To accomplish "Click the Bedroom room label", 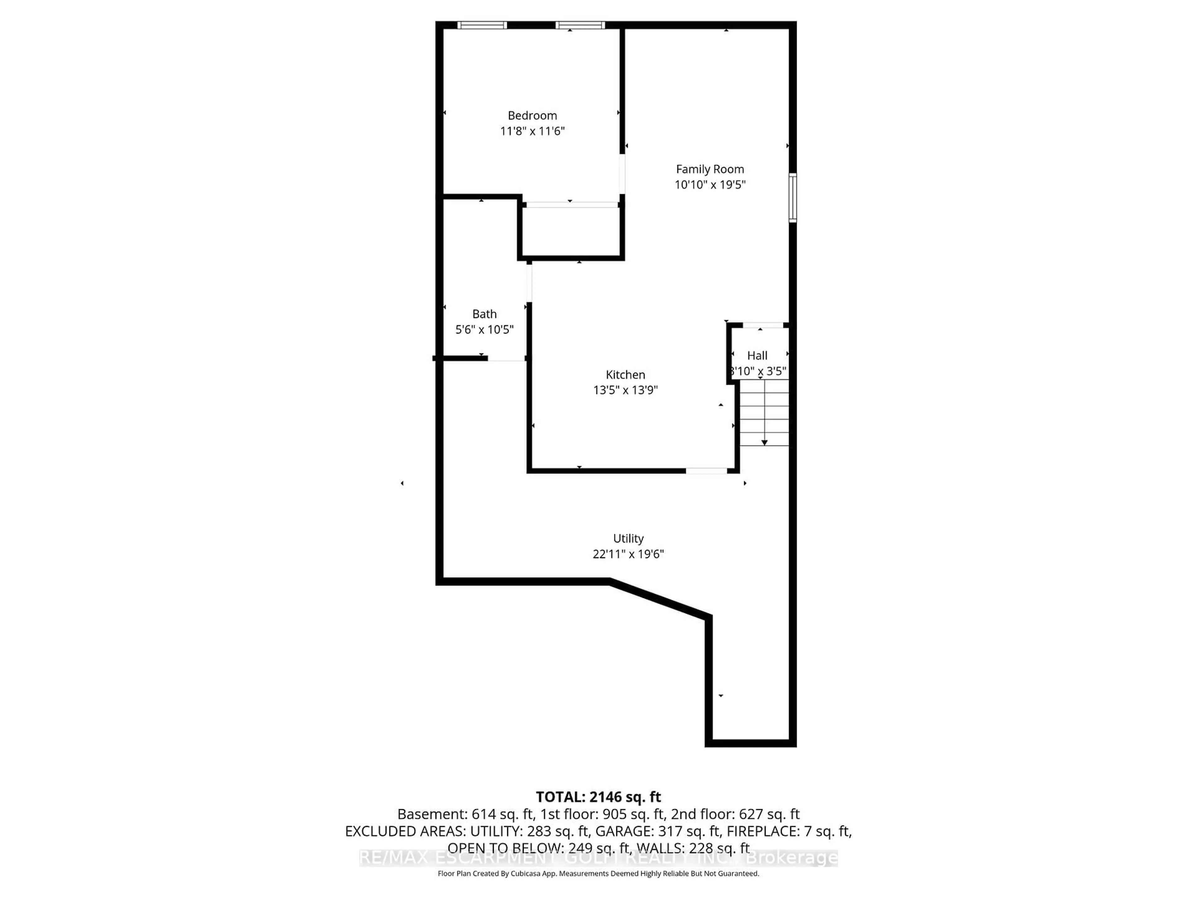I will point(532,115).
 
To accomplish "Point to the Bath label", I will point(484,314).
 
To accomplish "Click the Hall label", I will point(757,356).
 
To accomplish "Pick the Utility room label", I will point(628,538).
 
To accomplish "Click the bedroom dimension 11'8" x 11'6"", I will point(532,131).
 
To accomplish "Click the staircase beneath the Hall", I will point(764,413).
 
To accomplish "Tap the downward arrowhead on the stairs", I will point(764,443).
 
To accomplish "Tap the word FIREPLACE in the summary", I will point(762,831).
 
